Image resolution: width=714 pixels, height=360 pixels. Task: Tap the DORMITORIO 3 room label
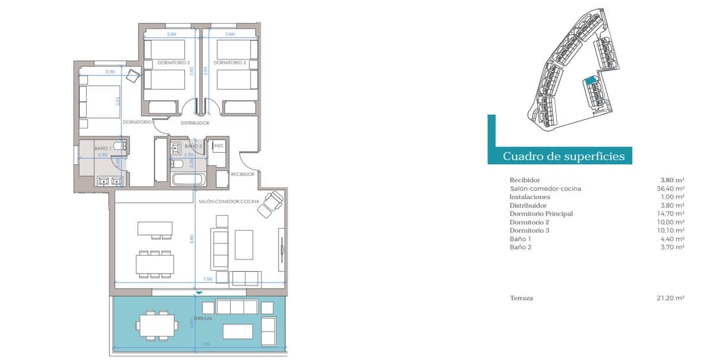tap(230, 62)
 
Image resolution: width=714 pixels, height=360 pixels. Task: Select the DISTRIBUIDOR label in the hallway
tap(195, 123)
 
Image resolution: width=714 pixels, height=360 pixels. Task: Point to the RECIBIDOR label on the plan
tap(243, 174)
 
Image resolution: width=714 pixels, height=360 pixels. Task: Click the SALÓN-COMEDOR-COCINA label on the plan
tap(229, 202)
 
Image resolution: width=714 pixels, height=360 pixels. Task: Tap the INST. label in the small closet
tap(218, 146)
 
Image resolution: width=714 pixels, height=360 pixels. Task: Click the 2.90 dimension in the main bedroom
tap(109, 72)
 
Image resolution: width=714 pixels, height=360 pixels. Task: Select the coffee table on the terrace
tap(238, 331)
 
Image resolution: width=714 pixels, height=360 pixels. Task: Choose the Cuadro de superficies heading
tap(563, 156)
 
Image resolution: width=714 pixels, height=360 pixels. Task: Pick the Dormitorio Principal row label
tap(541, 214)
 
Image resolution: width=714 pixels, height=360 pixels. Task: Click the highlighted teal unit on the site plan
tap(590, 82)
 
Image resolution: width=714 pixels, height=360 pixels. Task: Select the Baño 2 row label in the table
tap(521, 247)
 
